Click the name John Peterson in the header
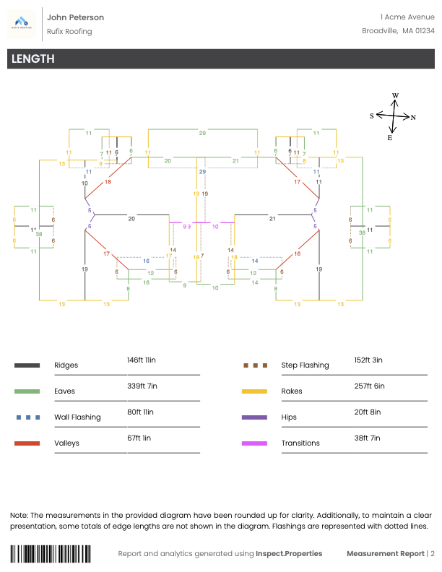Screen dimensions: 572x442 tap(75, 17)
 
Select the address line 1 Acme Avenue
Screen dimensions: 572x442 tap(407, 17)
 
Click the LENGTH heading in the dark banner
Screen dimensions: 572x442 tap(32, 59)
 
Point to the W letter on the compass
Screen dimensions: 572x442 tap(395, 95)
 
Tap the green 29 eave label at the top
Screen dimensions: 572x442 tap(203, 134)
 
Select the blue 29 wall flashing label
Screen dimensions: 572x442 tap(203, 172)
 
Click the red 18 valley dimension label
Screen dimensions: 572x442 tap(108, 182)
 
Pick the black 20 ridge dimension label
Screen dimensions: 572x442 tap(131, 218)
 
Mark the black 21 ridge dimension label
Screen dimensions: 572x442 tap(272, 218)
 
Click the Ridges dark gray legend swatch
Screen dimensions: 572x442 tap(27, 365)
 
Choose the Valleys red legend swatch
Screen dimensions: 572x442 tap(27, 443)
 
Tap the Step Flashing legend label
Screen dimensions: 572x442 tap(305, 365)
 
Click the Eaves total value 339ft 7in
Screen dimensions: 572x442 tap(142, 386)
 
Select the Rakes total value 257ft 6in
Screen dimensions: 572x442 tap(369, 386)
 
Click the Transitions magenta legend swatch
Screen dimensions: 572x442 tap(254, 443)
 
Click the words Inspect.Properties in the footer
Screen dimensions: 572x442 tap(288, 554)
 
